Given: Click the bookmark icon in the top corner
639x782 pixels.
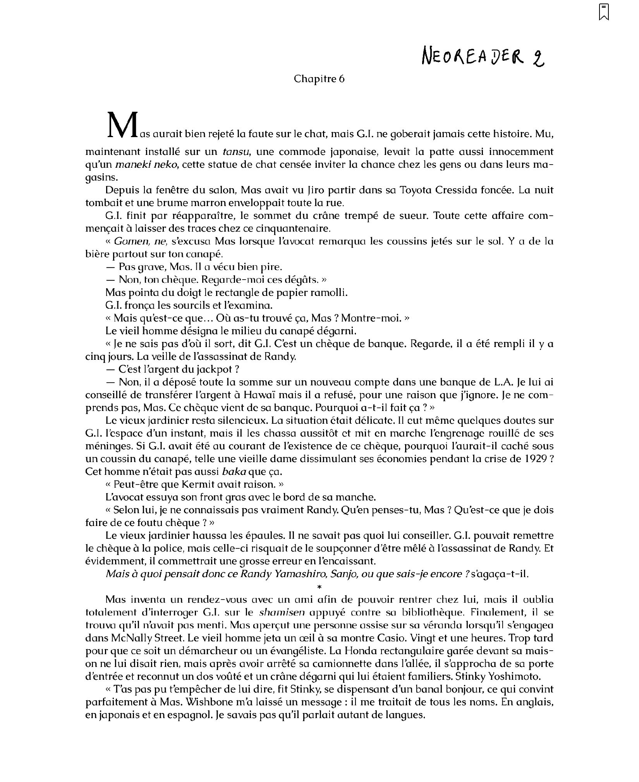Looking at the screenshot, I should click(604, 12).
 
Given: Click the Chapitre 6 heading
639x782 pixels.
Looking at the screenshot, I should click(319, 79).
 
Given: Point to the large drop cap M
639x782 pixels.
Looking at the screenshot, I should click(122, 125).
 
